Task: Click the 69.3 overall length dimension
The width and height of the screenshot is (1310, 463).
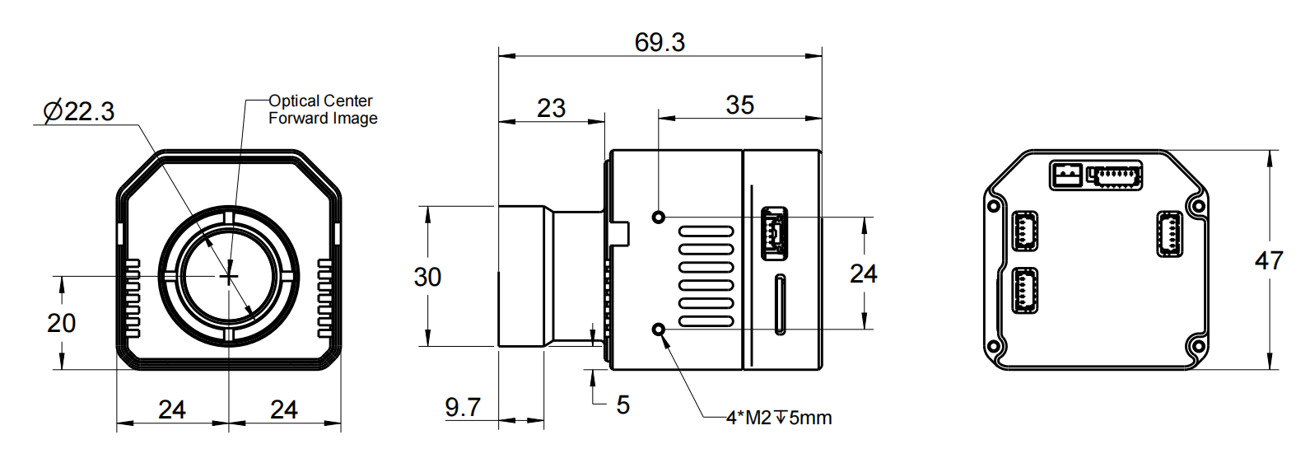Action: tap(660, 42)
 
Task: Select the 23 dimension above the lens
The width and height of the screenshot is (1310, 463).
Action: tap(551, 108)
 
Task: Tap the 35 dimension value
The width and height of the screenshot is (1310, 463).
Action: tap(739, 105)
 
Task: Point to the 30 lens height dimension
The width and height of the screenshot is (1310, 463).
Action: tap(427, 277)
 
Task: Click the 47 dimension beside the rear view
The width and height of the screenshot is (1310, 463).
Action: tap(1268, 261)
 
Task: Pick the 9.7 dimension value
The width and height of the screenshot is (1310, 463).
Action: tap(462, 407)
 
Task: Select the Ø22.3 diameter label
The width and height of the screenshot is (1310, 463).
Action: tap(79, 111)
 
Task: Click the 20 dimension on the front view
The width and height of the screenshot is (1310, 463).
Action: tap(61, 323)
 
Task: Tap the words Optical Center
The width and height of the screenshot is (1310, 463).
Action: tap(320, 101)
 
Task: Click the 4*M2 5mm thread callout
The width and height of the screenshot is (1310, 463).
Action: tap(778, 418)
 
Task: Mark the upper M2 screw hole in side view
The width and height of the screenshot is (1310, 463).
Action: tap(658, 217)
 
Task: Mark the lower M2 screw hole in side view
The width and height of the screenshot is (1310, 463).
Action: tap(658, 330)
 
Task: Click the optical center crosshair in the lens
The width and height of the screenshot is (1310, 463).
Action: tap(228, 277)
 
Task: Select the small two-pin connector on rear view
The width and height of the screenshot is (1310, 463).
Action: tap(1065, 175)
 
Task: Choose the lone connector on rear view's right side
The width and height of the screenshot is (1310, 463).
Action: tap(1169, 234)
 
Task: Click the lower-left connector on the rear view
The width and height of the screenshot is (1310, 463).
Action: tap(1024, 291)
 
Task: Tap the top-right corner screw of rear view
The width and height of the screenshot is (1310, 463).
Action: tap(1196, 204)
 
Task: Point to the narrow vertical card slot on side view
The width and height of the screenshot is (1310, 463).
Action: tap(779, 305)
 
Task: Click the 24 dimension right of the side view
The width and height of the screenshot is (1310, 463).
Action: tap(863, 274)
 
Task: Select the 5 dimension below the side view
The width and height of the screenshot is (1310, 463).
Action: tap(622, 405)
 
